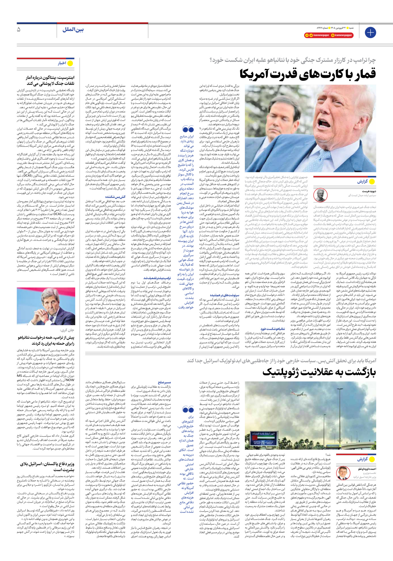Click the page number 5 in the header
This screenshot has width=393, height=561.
(19, 30)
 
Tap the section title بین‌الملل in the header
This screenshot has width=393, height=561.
(73, 30)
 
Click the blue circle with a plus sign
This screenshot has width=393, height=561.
(370, 32)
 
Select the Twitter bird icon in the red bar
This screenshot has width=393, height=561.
(311, 35)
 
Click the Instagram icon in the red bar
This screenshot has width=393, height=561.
(333, 35)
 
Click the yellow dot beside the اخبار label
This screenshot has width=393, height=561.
(70, 63)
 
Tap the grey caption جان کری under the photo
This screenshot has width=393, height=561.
(67, 330)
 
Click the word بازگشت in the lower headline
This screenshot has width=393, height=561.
(358, 372)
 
